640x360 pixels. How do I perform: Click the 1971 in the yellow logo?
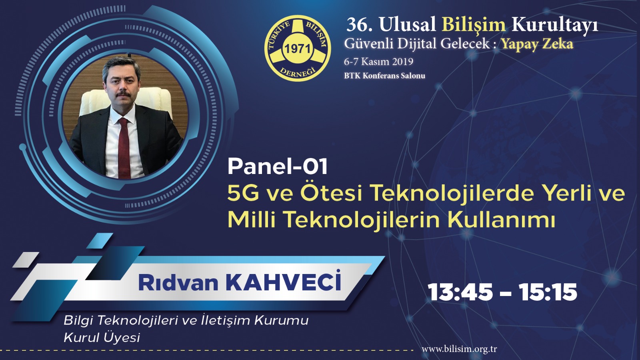[x=298, y=49]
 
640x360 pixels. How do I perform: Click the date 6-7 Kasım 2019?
[x=378, y=62]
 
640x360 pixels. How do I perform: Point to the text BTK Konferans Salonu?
[x=384, y=76]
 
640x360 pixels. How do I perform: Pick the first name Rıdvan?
[x=178, y=283]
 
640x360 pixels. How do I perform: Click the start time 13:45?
[x=461, y=293]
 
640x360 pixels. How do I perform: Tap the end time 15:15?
[x=548, y=293]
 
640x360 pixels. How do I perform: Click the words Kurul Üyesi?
[x=102, y=338]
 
